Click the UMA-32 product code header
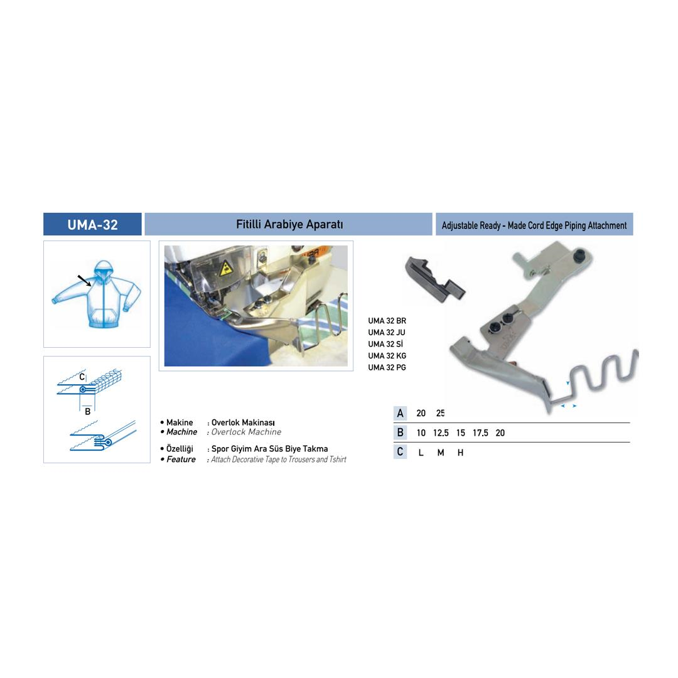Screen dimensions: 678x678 point(92,225)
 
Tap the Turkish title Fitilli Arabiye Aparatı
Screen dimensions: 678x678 point(289,224)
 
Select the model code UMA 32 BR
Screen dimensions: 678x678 point(387,321)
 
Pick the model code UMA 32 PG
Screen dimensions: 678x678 point(387,367)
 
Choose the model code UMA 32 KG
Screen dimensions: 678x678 point(387,356)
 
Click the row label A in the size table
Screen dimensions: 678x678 point(401,413)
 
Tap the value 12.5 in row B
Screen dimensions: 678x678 point(441,433)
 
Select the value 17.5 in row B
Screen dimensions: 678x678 point(480,433)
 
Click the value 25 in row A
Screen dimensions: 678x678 point(440,413)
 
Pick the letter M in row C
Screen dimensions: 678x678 point(441,453)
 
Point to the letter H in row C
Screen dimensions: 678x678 point(461,453)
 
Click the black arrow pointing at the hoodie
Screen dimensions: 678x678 point(84,281)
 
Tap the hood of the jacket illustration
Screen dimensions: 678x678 point(104,270)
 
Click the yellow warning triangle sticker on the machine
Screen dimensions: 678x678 point(225,269)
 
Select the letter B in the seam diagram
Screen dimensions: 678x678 point(87,412)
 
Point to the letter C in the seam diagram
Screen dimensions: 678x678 point(82,377)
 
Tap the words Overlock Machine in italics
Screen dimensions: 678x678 point(246,432)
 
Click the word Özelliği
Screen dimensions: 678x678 point(180,449)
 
